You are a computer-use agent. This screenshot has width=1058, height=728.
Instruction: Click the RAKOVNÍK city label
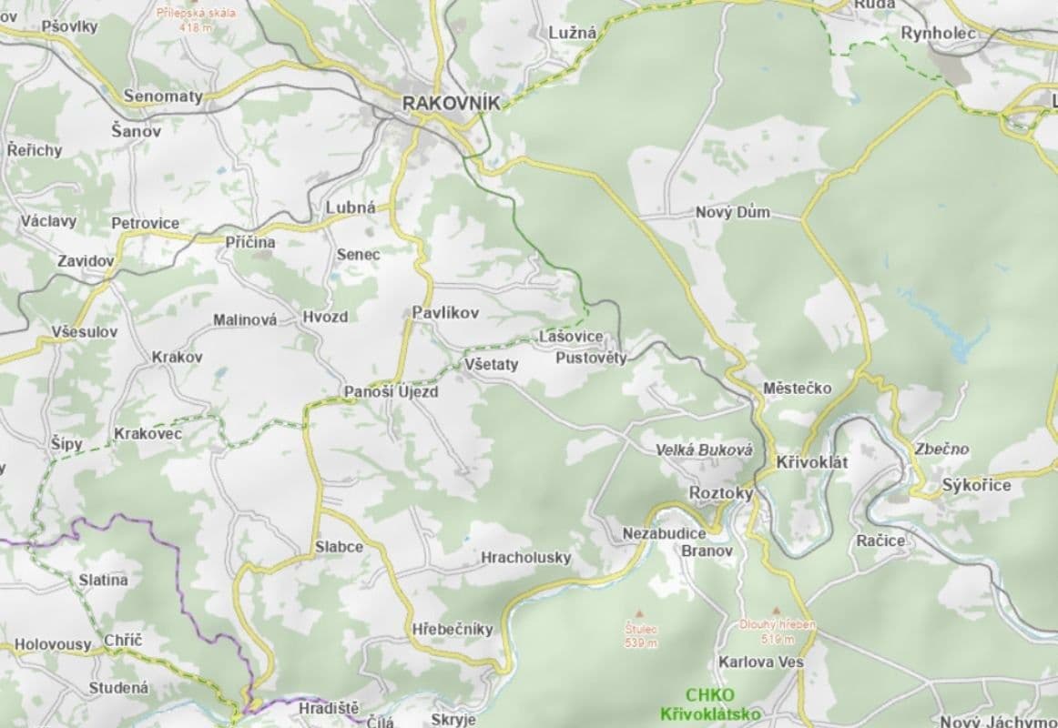pyautogui.click(x=452, y=104)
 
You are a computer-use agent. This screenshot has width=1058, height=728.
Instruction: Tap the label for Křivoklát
pyautogui.click(x=812, y=463)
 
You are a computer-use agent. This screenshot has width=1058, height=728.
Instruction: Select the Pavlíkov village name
pyautogui.click(x=445, y=312)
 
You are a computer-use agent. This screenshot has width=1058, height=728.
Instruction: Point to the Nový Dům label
pyautogui.click(x=733, y=213)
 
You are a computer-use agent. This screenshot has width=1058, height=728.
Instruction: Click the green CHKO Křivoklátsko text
pyautogui.click(x=711, y=705)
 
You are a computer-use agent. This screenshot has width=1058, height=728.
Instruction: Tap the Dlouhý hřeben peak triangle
pyautogui.click(x=777, y=612)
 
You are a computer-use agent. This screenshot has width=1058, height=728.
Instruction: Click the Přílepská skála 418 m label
pyautogui.click(x=196, y=19)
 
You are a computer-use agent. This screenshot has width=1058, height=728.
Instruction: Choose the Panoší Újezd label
pyautogui.click(x=392, y=392)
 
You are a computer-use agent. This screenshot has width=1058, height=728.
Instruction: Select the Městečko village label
pyautogui.click(x=798, y=389)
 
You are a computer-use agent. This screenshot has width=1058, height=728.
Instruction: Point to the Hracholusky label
pyautogui.click(x=526, y=557)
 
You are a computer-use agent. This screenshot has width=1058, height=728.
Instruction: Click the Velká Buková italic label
pyautogui.click(x=705, y=450)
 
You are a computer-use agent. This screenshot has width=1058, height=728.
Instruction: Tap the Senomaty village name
pyautogui.click(x=163, y=96)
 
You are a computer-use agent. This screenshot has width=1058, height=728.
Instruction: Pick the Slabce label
pyautogui.click(x=339, y=547)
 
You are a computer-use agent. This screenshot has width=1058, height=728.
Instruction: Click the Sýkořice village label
pyautogui.click(x=977, y=485)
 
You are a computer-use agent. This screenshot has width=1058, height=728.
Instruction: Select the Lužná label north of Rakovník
pyautogui.click(x=573, y=33)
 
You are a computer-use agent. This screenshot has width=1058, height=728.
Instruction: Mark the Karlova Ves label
pyautogui.click(x=761, y=662)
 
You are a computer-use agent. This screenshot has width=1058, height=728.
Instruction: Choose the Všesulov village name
pyautogui.click(x=84, y=332)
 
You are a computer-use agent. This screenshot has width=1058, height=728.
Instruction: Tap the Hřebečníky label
pyautogui.click(x=453, y=629)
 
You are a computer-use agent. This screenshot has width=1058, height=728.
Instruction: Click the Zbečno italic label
pyautogui.click(x=942, y=450)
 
